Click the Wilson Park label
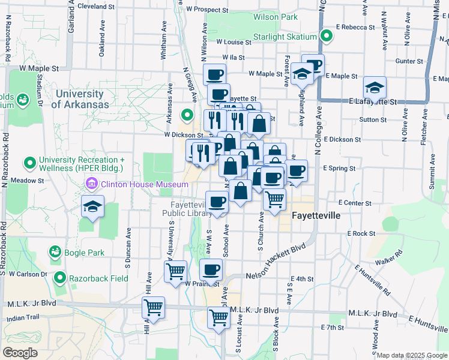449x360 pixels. point(275,17)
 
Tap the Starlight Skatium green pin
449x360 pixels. point(327,37)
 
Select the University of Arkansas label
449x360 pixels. point(80,99)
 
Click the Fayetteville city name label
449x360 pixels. point(316,215)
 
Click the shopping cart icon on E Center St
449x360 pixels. point(275,199)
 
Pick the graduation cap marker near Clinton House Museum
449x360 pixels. point(93,206)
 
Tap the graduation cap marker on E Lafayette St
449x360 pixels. point(375,88)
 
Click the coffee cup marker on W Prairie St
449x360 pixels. point(211,269)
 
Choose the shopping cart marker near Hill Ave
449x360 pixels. point(153,307)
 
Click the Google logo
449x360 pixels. point(20,353)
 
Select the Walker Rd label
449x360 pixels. point(388,262)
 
